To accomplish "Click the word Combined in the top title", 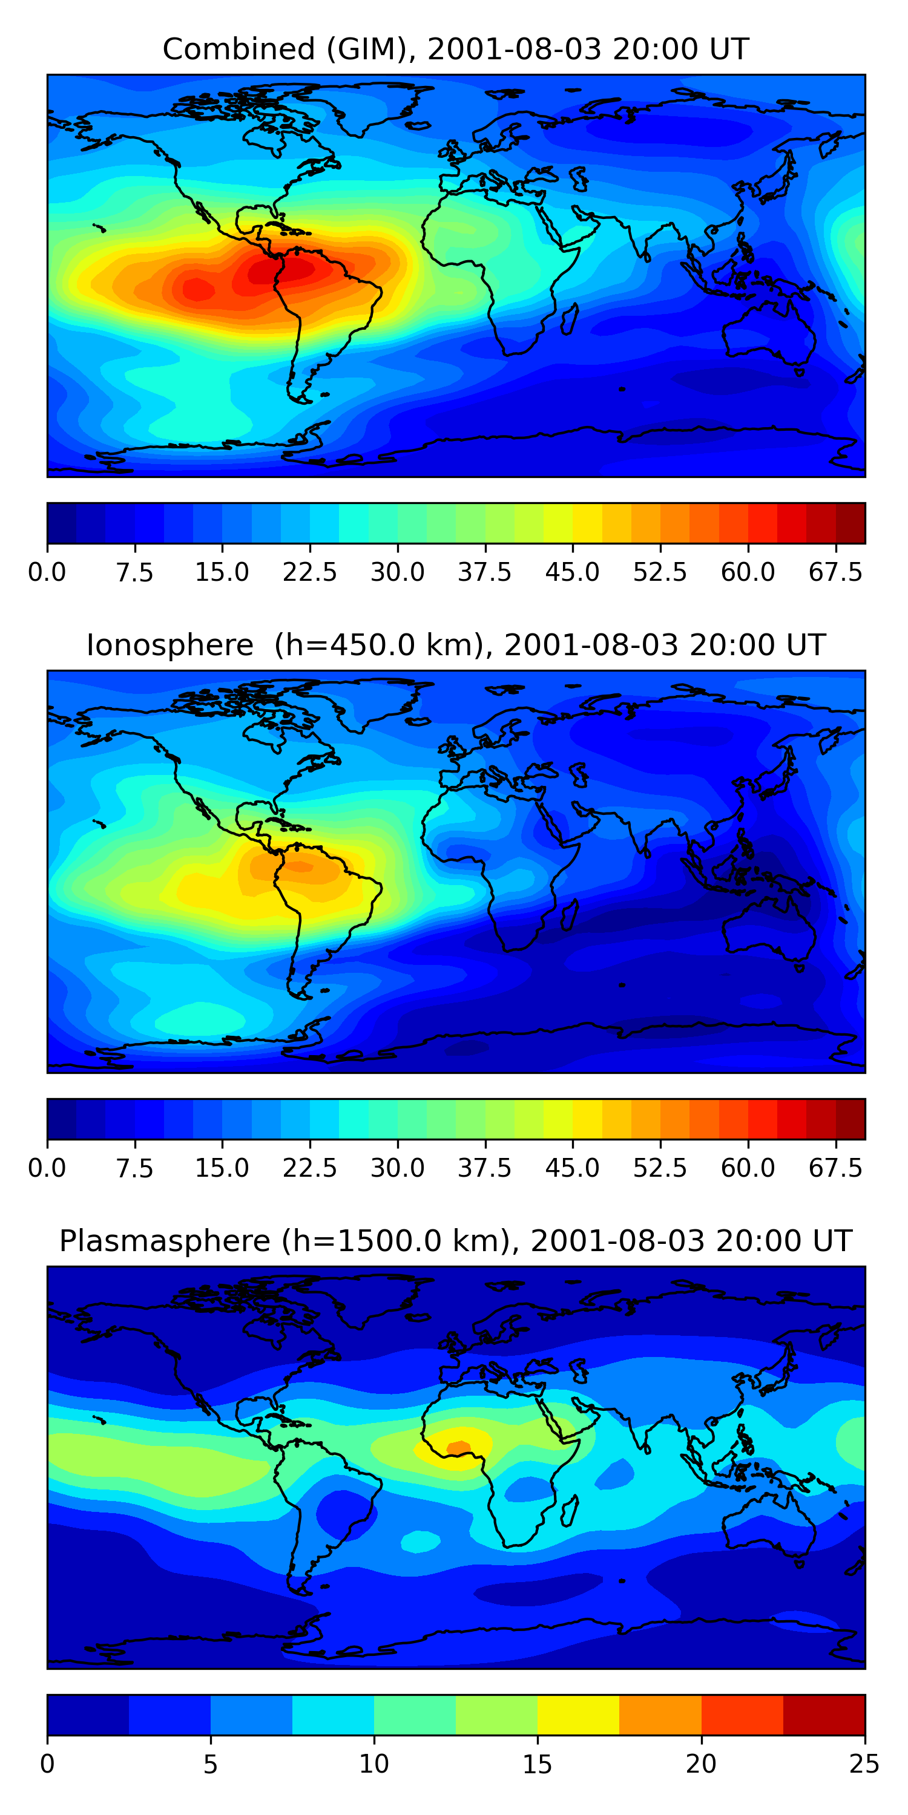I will pyautogui.click(x=239, y=50).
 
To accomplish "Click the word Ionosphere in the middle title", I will pyautogui.click(x=169, y=646).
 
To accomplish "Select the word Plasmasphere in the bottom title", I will pyautogui.click(x=164, y=1241).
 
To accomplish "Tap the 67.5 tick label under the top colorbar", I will pyautogui.click(x=835, y=572).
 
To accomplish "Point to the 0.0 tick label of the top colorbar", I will pyautogui.click(x=47, y=572).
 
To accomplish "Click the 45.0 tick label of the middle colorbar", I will pyautogui.click(x=573, y=1168).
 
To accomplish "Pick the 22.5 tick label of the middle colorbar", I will pyautogui.click(x=309, y=1168).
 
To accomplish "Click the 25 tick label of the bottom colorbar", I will pyautogui.click(x=864, y=1764).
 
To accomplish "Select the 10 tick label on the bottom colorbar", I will pyautogui.click(x=373, y=1764).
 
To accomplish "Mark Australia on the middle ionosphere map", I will pyautogui.click(x=768, y=930).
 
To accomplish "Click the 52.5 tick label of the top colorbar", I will pyautogui.click(x=660, y=572).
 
